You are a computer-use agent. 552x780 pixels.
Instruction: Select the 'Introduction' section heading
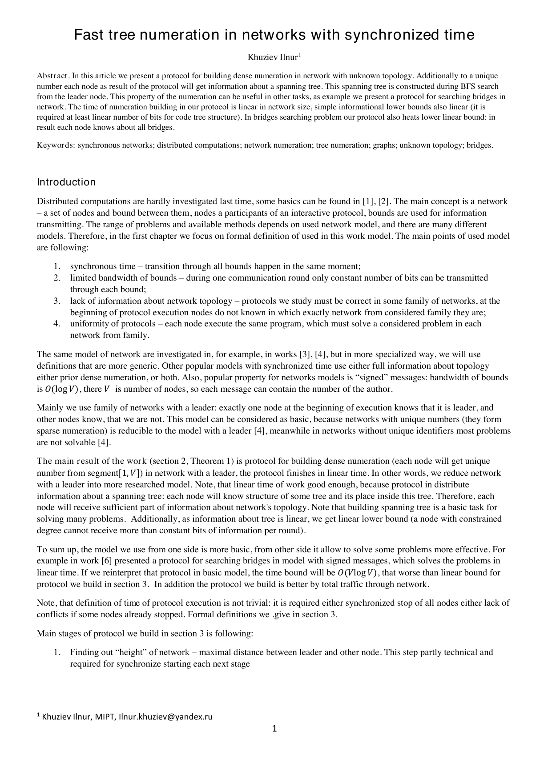click(x=66, y=182)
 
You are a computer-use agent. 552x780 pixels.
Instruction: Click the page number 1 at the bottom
click(x=274, y=728)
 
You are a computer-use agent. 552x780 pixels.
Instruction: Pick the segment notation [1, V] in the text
click(x=129, y=473)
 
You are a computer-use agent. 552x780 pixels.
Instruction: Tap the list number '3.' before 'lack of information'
click(x=57, y=301)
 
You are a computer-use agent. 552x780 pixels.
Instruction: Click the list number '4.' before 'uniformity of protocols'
click(x=57, y=324)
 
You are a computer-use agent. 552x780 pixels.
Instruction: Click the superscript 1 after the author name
click(x=300, y=55)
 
